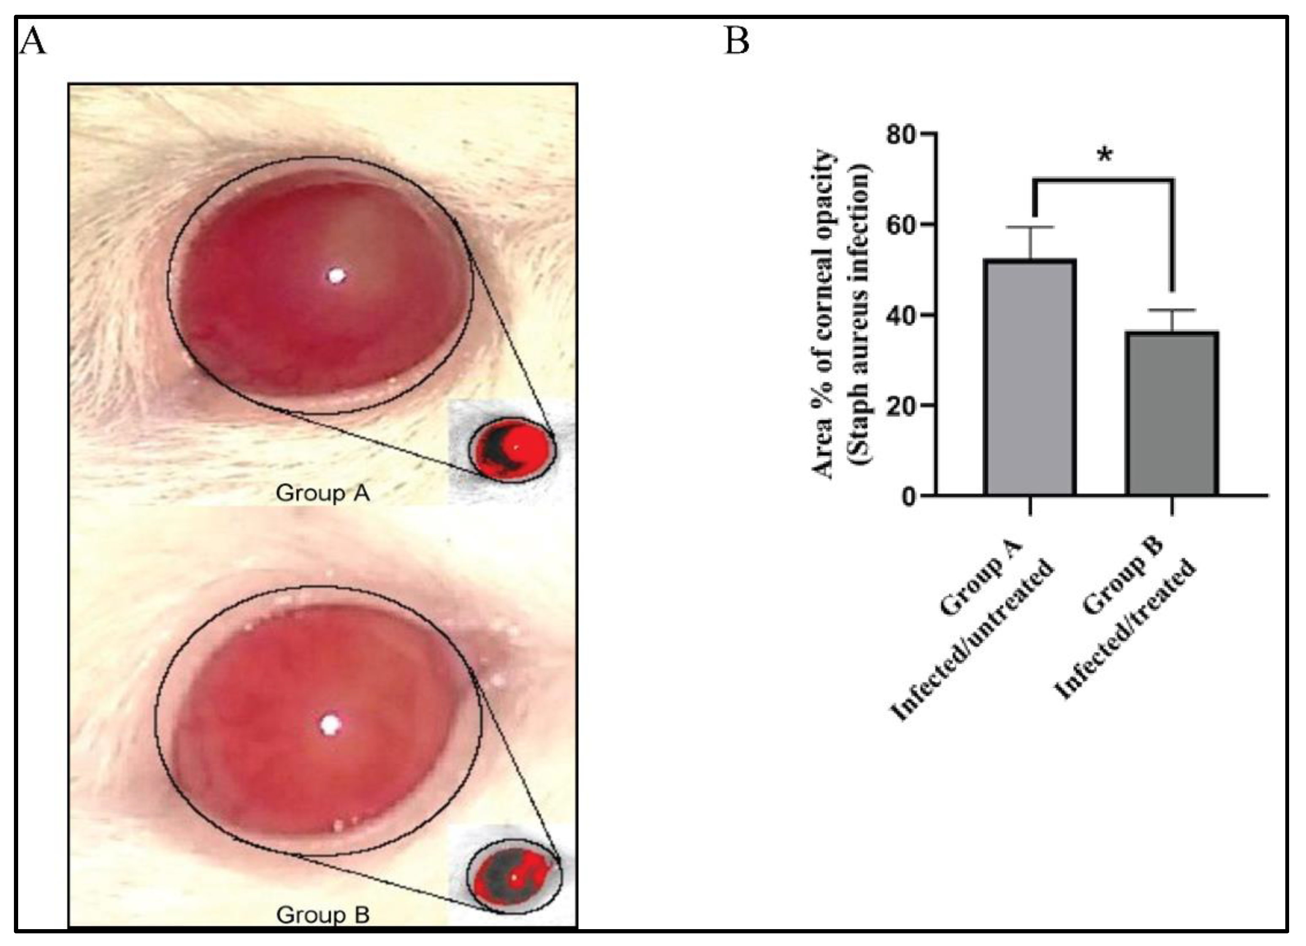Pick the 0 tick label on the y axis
[x=909, y=496]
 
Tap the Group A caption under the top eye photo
[x=322, y=493]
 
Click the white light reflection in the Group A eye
[x=336, y=276]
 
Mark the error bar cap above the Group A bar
[x=1030, y=227]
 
